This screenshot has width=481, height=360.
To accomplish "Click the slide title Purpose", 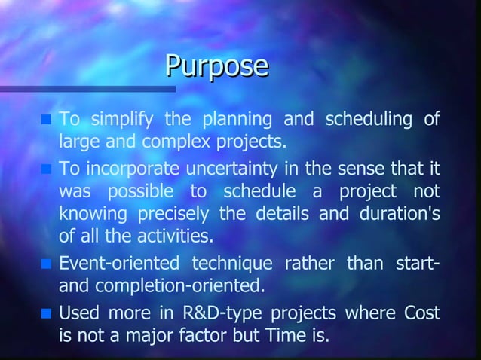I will click(217, 67).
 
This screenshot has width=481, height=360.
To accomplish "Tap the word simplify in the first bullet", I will click(122, 119).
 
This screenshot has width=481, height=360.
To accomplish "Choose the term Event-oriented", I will click(118, 264).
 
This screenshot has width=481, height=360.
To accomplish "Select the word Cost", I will click(422, 312).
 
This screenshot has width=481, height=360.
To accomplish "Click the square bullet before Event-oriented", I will click(46, 264).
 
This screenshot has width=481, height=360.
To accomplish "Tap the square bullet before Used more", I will click(46, 312).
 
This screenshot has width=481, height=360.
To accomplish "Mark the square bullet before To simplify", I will click(46, 119).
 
